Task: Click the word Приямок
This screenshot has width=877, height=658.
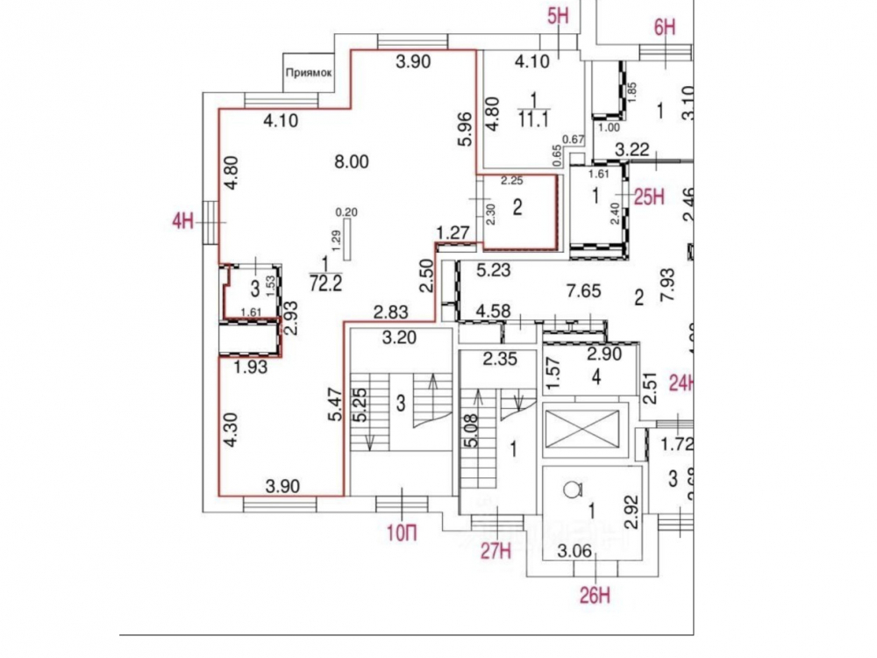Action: coord(308,74)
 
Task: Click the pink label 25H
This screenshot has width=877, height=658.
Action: coord(651,197)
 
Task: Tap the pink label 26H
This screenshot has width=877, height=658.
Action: coord(594,597)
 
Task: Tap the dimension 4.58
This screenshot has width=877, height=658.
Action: coord(494,311)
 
